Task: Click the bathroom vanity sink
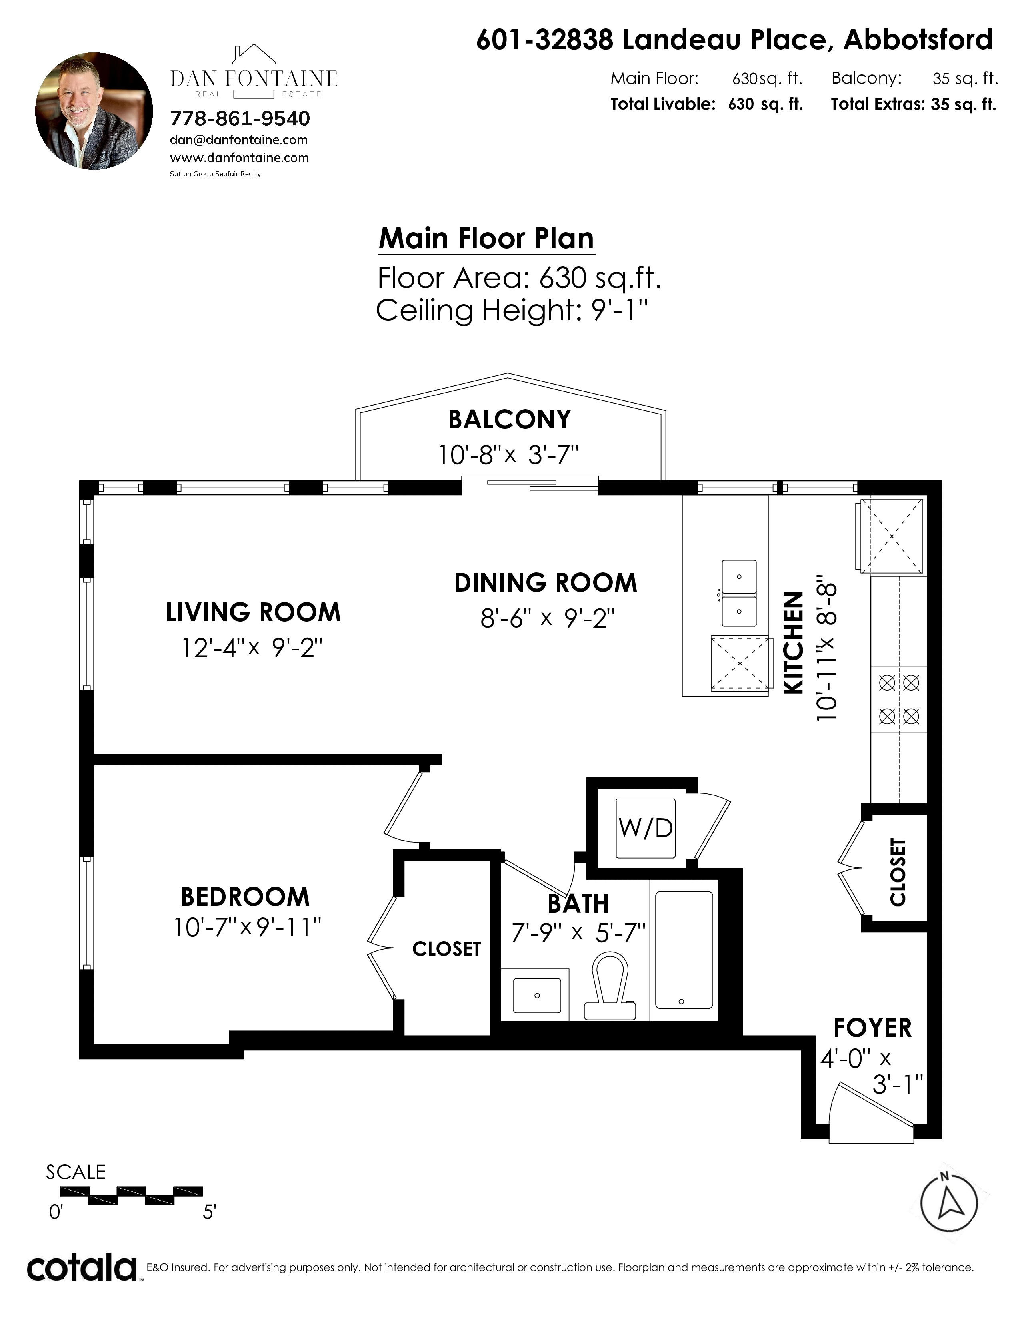click(536, 995)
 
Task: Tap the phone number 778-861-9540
click(240, 118)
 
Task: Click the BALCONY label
click(509, 419)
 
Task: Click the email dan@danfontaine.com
click(239, 140)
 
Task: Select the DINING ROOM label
click(546, 583)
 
